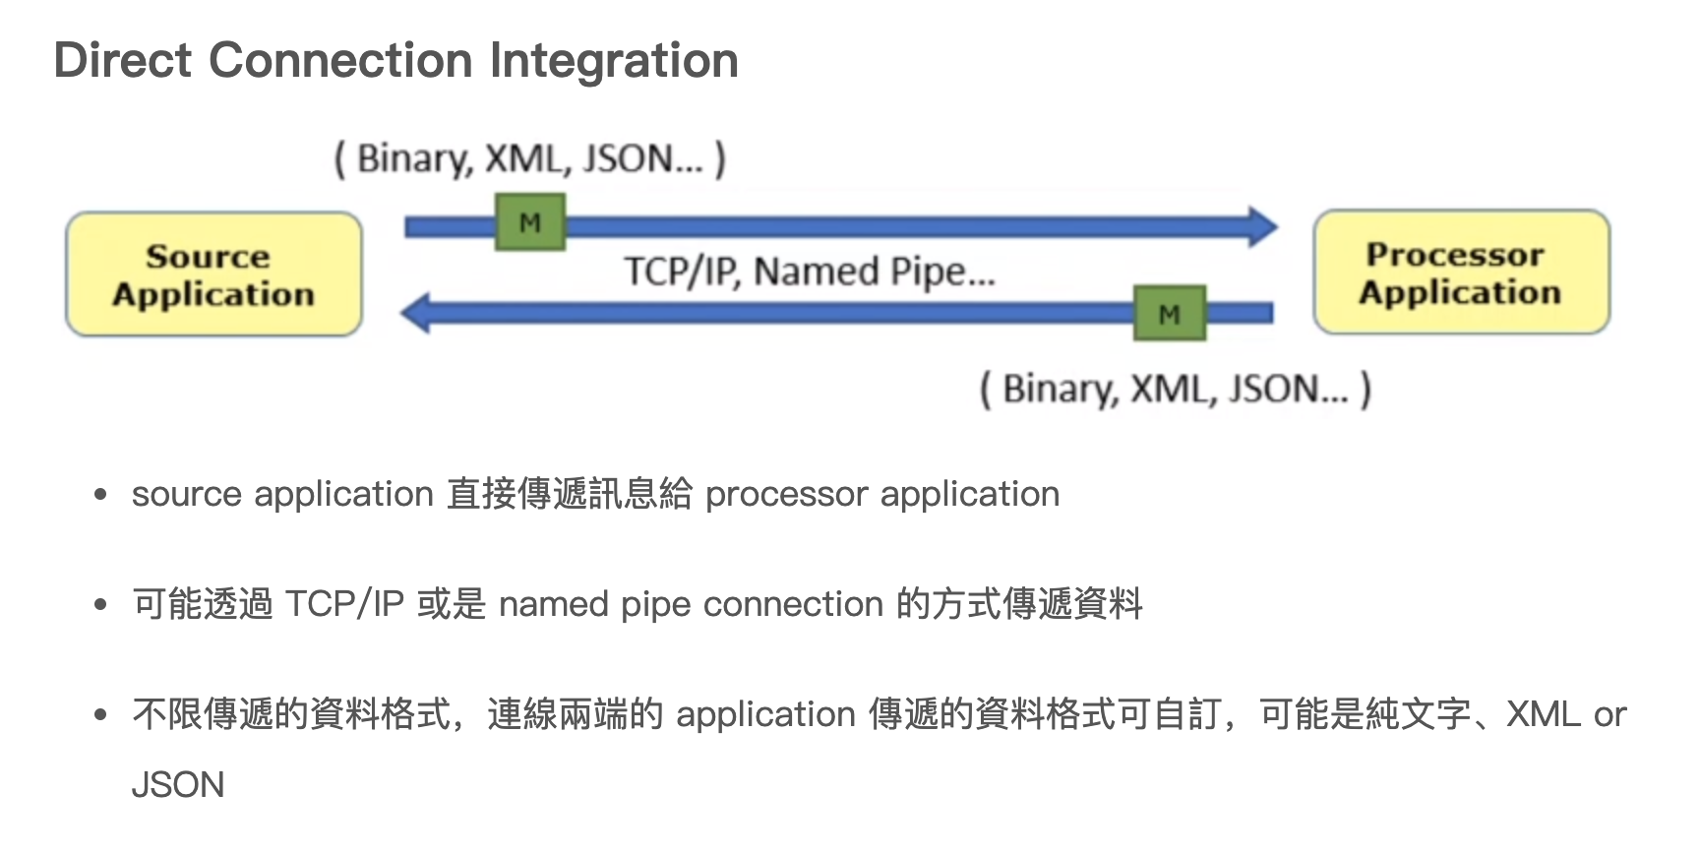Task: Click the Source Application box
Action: (x=213, y=274)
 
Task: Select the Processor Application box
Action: (x=1461, y=273)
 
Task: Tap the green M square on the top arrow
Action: (x=530, y=222)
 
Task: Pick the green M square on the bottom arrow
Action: (x=1169, y=314)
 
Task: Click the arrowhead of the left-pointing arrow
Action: (x=416, y=313)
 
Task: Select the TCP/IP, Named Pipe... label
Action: (x=810, y=272)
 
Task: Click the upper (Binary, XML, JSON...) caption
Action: (x=530, y=158)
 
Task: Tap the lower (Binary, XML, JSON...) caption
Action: (x=1175, y=389)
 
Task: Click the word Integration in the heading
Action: (x=614, y=60)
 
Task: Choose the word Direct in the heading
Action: (x=123, y=60)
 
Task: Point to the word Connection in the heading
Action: (x=340, y=60)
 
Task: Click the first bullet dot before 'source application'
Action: (x=100, y=494)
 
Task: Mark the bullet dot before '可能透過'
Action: (x=100, y=604)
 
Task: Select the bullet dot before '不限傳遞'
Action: (x=100, y=714)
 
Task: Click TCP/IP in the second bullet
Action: (x=344, y=604)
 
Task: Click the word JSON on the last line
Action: (x=178, y=785)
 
